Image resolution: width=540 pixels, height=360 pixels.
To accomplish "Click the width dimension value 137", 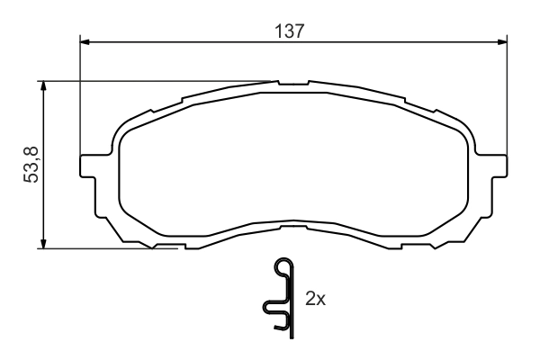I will (x=289, y=30).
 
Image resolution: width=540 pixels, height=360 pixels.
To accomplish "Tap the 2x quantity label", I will (x=315, y=299).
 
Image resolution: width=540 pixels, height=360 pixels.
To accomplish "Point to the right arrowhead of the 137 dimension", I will (x=499, y=40).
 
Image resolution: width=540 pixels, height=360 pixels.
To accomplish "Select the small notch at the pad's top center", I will (x=292, y=85).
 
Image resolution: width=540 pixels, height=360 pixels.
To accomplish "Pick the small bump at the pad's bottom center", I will (x=292, y=223).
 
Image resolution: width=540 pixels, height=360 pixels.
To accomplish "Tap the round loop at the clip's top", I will (x=283, y=265).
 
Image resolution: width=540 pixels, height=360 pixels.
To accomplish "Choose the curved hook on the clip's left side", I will (x=269, y=309).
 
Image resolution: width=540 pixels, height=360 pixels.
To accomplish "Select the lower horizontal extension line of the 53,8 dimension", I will (x=99, y=248).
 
